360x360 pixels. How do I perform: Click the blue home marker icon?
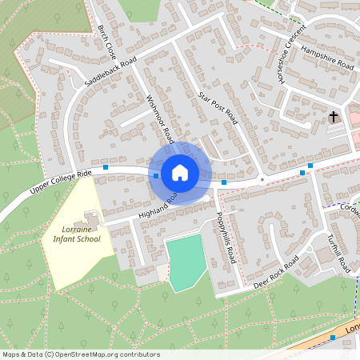point(179,171)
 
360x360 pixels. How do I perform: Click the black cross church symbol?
point(333,118)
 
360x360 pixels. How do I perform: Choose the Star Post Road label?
point(217,108)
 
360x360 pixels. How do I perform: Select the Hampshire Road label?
point(328,57)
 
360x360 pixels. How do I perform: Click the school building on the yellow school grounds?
point(90,218)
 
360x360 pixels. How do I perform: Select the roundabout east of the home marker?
point(262,179)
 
